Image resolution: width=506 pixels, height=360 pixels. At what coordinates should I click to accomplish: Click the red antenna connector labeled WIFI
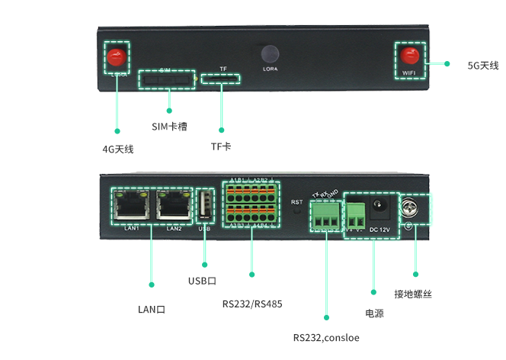click(x=409, y=56)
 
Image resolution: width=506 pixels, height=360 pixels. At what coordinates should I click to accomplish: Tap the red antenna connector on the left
click(x=116, y=56)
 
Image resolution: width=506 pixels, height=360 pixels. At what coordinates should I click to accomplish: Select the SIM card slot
click(x=165, y=79)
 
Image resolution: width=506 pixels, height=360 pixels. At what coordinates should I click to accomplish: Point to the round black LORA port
click(x=269, y=54)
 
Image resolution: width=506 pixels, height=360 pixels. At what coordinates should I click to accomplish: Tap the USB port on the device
click(x=204, y=207)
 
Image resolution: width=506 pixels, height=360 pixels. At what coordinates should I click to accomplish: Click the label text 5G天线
click(x=483, y=66)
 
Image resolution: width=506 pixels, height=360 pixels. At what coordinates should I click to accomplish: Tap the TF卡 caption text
click(x=221, y=146)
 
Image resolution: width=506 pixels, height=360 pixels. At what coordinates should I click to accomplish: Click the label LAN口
click(x=151, y=309)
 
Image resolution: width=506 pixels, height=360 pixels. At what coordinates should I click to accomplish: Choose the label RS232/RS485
click(x=252, y=304)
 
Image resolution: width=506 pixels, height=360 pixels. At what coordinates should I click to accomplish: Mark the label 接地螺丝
click(x=413, y=294)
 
